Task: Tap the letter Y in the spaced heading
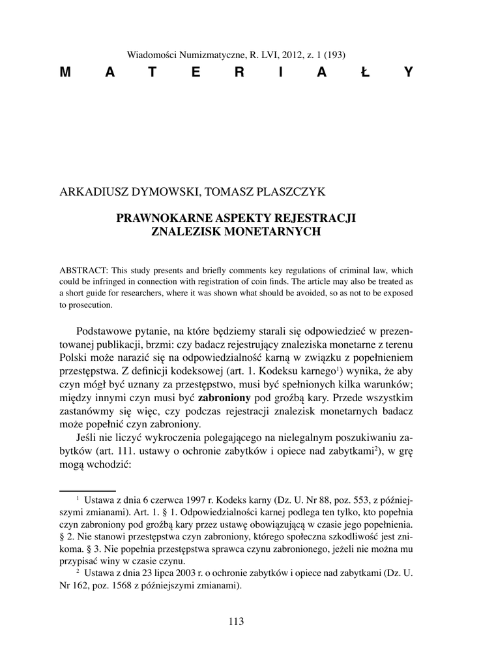coord(408,72)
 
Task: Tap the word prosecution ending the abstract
coord(91,305)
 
